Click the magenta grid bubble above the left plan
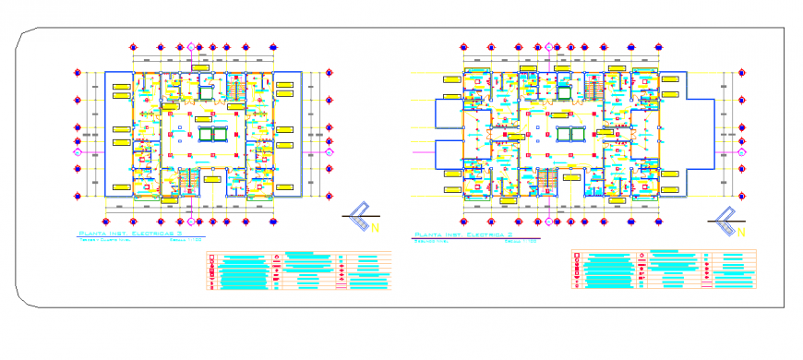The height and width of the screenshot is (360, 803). (193, 46)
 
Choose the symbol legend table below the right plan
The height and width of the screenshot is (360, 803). (663, 268)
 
